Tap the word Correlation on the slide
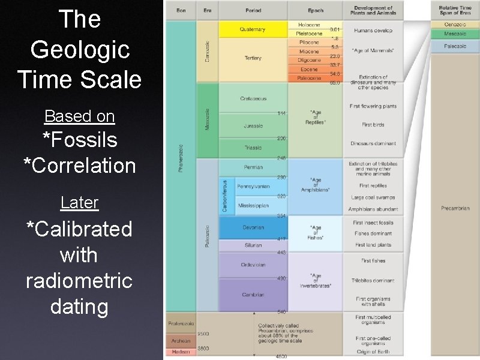[80, 165]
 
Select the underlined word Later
[79, 203]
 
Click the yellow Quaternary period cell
[253, 29]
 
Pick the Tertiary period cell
[253, 58]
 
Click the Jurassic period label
[253, 126]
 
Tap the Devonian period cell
[253, 228]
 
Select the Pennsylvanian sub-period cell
[253, 187]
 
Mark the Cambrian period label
[253, 295]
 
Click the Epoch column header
[315, 11]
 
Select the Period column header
[253, 11]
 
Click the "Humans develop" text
[373, 30]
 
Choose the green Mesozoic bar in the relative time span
[455, 34]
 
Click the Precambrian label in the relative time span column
[455, 208]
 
